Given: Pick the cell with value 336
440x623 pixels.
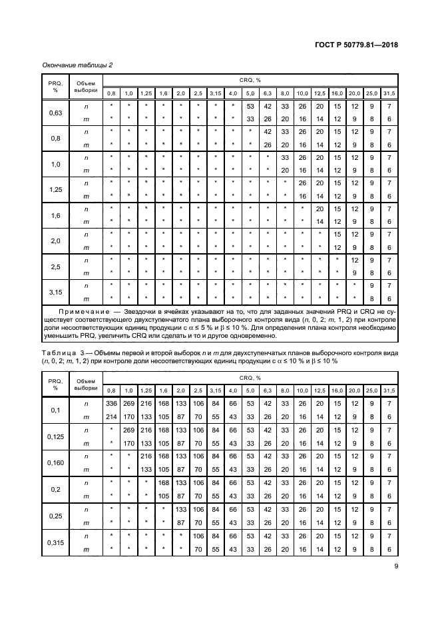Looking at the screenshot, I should click(x=112, y=403).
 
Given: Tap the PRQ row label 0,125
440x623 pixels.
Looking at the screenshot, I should click(x=56, y=436).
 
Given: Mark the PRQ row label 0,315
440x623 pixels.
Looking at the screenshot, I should click(x=56, y=542).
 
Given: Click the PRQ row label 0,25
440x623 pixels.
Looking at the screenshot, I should click(x=56, y=516).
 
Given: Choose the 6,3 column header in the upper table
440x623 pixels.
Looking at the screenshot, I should click(x=268, y=92).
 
